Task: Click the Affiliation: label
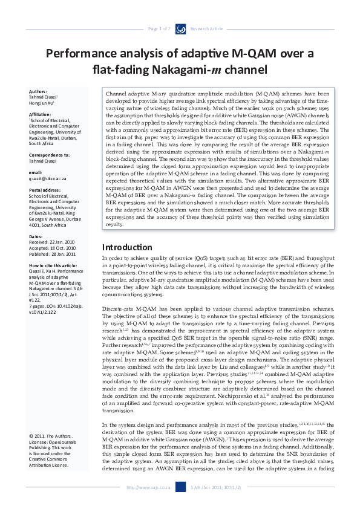click(40, 114)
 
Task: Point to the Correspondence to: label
click(49, 155)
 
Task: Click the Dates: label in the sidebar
click(36, 236)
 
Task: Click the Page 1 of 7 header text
click(159, 28)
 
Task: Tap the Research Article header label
click(206, 28)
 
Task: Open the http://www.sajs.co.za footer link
click(148, 487)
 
